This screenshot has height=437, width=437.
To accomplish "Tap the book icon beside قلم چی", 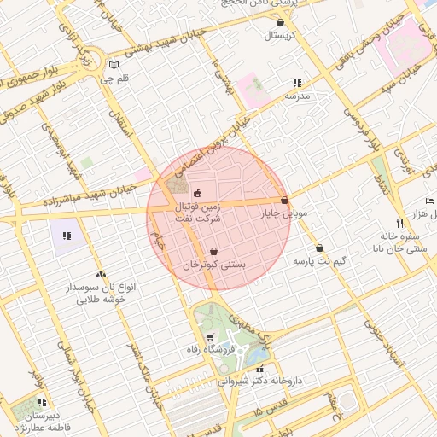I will (114, 65).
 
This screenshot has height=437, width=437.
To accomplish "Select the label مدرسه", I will (297, 96).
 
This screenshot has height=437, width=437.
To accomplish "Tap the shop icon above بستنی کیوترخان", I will (213, 252).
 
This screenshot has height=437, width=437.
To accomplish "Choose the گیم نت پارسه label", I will (319, 260).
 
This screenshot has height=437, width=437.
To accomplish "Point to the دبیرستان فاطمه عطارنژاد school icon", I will (41, 402).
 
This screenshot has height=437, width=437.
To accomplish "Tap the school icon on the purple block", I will (67, 235).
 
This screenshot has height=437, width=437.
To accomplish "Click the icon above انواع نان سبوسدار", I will (102, 275).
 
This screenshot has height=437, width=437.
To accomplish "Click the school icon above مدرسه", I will (297, 83).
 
